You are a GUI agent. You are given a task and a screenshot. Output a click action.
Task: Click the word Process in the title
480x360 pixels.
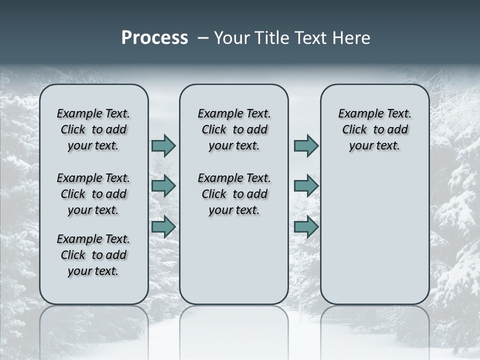point(154,37)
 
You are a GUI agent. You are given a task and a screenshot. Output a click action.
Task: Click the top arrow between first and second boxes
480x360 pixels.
point(163,145)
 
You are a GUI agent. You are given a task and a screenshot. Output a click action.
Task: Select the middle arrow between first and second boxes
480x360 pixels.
point(163,186)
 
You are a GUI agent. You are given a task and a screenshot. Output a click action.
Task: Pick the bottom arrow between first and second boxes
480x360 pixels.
point(163,226)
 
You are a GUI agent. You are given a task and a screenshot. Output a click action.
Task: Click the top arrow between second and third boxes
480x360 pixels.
point(306,145)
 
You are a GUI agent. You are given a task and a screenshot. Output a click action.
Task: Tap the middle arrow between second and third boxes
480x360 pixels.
point(306,186)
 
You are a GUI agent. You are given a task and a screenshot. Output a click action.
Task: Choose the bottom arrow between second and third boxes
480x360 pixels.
point(306,226)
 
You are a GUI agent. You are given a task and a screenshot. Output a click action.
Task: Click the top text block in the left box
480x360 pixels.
point(93,129)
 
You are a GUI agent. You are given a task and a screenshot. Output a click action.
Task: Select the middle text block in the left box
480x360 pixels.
point(93,194)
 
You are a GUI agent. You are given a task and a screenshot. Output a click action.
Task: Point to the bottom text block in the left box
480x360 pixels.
point(93,255)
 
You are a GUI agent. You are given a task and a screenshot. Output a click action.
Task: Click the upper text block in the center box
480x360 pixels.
point(234,129)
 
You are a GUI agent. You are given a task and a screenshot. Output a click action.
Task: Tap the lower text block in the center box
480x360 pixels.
point(234,194)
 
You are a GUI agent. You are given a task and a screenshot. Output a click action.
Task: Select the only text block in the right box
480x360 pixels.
point(374,129)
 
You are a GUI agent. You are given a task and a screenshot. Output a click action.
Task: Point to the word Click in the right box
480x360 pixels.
point(354,130)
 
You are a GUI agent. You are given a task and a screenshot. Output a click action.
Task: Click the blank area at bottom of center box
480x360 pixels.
point(234,265)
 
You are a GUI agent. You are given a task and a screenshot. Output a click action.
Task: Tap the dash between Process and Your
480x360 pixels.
point(201,38)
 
